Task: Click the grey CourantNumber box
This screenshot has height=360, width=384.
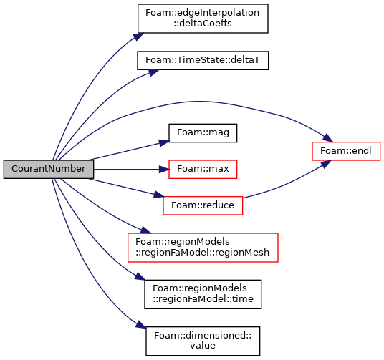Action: (x=49, y=169)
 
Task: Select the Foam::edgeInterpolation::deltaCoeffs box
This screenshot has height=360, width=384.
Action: (x=203, y=19)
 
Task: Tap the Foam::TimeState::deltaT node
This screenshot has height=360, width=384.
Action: (x=203, y=60)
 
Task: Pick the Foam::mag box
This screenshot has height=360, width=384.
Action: (x=203, y=133)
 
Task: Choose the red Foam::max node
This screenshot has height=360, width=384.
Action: (x=203, y=170)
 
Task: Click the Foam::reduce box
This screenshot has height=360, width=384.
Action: (x=203, y=205)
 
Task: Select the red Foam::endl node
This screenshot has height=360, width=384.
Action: (x=346, y=151)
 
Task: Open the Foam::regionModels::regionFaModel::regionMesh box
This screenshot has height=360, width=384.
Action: (x=203, y=248)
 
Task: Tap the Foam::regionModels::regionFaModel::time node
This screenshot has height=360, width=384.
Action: (x=203, y=294)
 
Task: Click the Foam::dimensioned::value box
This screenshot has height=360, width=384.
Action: (x=203, y=341)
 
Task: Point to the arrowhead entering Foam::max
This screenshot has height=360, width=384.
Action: (x=164, y=170)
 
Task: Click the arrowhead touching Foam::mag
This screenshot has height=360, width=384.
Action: (x=164, y=143)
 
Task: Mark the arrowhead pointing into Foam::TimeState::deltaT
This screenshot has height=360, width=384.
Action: (x=154, y=72)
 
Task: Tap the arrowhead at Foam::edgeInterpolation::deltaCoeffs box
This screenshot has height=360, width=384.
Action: (x=138, y=37)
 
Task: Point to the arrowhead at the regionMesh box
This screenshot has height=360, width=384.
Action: (x=146, y=230)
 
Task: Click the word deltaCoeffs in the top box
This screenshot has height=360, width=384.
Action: (x=203, y=24)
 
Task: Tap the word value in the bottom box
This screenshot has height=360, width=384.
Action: (x=203, y=346)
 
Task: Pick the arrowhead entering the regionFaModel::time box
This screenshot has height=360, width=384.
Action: (x=140, y=277)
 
